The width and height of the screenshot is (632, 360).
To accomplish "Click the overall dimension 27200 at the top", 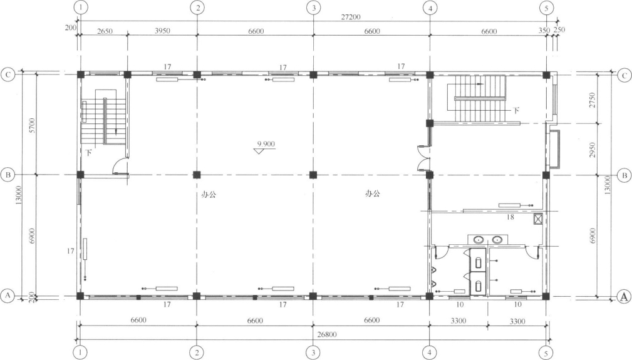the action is tap(350, 17).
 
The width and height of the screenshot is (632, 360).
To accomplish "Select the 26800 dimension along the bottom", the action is tap(327, 334).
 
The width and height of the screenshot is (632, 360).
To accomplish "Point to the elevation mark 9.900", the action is tap(266, 144).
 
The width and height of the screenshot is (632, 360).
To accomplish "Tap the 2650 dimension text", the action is tap(105, 31).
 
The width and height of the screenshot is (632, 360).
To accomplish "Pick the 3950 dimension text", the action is tap(162, 31).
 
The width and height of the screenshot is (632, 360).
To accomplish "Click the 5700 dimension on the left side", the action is tap(32, 126).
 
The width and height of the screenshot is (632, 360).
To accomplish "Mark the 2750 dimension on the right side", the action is tap(592, 100).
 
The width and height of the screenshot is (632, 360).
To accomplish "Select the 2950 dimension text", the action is tap(592, 150).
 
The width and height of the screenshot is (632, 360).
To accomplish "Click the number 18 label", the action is tap(510, 217).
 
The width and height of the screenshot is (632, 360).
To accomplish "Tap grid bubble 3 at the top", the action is tap(314, 8).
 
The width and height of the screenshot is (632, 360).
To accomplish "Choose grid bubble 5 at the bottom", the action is tap(546, 353).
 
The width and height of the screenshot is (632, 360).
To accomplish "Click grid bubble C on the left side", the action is tap(8, 75).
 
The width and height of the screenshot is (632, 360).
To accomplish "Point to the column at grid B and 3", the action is tap(313, 175).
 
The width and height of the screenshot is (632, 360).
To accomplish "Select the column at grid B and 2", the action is tap(197, 175).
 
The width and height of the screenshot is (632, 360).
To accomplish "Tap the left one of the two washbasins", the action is tap(479, 240).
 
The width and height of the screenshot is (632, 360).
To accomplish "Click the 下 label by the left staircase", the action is tap(89, 153).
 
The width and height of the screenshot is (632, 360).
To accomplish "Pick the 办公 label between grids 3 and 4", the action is tap(373, 193).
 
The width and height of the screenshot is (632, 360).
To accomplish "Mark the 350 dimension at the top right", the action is tap(544, 30).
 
